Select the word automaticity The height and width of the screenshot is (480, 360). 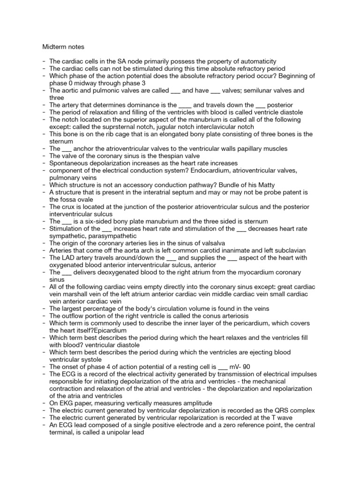[x=256, y=61]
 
